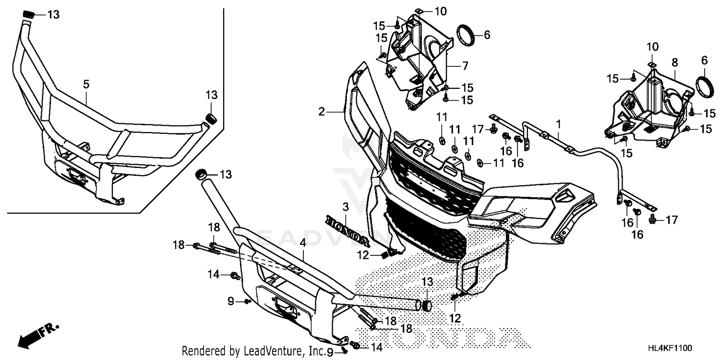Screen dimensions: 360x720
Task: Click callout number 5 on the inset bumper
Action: point(86,84)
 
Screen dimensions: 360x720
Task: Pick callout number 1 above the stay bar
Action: point(559,123)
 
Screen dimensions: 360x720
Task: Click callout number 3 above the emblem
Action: point(345,207)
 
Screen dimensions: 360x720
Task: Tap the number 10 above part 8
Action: point(652,47)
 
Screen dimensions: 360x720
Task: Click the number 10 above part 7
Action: point(440,10)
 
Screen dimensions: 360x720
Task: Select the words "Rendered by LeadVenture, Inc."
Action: point(253,351)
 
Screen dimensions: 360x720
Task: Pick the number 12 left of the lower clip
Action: point(363,256)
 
